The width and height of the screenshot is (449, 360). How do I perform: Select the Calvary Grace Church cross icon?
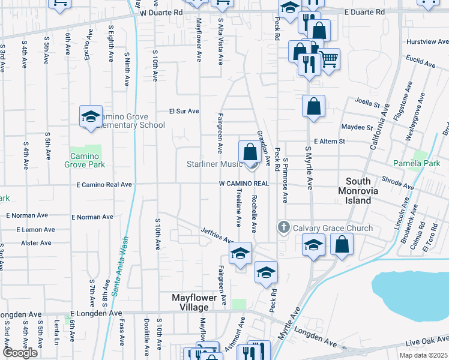tap(284, 228)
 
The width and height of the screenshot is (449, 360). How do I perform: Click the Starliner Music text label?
tap(214, 164)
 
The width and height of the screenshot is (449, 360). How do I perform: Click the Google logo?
tap(20, 353)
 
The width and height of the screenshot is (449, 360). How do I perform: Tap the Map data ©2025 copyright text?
tap(423, 355)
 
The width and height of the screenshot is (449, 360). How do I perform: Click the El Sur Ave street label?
tap(184, 111)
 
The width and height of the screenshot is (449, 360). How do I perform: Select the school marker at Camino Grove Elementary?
tap(91, 116)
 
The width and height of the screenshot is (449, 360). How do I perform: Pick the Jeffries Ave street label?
tap(216, 235)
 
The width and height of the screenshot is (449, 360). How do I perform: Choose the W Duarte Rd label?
tap(161, 12)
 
